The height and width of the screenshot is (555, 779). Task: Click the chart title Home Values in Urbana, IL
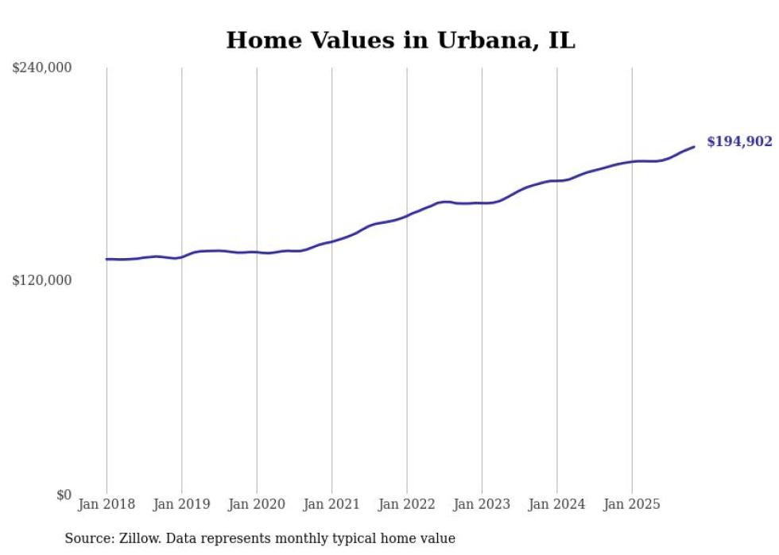pos(400,40)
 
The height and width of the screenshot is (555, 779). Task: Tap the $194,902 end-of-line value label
pos(739,141)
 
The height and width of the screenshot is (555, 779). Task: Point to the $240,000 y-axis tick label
pos(42,67)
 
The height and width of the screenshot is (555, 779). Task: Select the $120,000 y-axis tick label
pos(42,280)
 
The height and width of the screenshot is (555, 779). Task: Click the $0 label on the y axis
pos(64,495)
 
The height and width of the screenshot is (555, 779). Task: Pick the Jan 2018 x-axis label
pos(107,504)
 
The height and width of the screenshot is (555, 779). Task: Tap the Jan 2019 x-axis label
pos(181,504)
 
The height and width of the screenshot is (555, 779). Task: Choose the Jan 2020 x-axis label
pos(257,504)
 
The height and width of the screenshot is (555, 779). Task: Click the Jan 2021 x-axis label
pos(331,504)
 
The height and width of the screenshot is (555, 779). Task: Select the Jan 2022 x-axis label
pos(407,504)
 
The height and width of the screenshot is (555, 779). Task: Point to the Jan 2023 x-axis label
pos(482,504)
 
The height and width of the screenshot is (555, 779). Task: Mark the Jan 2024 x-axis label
pos(557,504)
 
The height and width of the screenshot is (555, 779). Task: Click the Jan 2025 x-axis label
pos(632,504)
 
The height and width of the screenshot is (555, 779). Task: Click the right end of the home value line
pos(694,146)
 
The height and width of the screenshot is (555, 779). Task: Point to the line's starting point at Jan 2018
pos(107,259)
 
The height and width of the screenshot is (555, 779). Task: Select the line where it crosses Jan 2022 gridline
pos(407,214)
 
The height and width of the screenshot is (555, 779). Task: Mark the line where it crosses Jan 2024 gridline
pos(557,181)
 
